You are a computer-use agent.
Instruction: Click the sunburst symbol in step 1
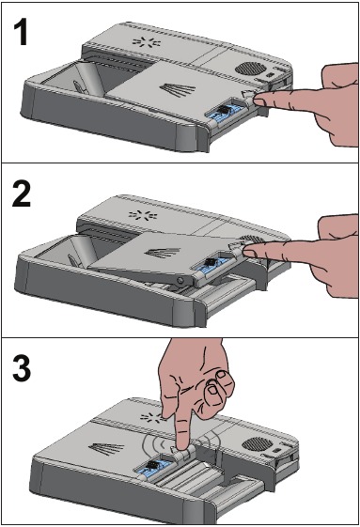coord(144,44)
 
